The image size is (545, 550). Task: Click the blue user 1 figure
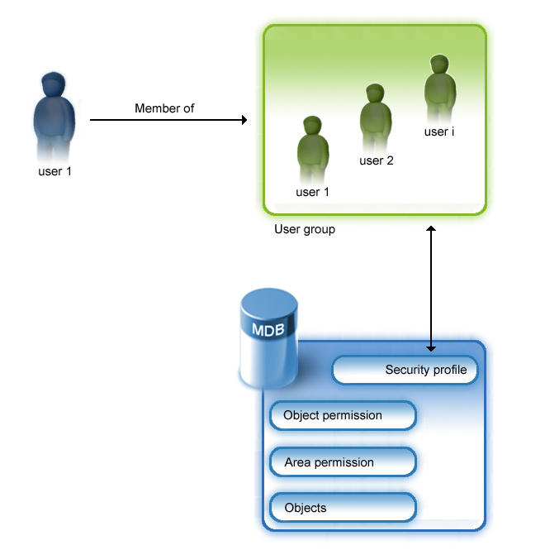point(54,116)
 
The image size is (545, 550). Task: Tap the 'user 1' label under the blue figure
point(56,172)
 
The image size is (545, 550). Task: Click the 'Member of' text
point(164,108)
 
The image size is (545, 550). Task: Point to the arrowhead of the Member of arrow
point(243,120)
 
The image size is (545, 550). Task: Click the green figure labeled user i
point(440,87)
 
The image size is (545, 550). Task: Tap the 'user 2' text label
point(377,160)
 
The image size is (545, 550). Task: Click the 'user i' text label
point(439,132)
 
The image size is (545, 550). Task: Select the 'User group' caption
point(305,229)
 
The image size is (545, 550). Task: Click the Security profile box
point(405,370)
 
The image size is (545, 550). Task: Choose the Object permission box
point(343,415)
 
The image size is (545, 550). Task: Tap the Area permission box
point(343,462)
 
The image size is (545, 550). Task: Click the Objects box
point(343,508)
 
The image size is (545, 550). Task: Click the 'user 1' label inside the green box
point(313,192)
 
